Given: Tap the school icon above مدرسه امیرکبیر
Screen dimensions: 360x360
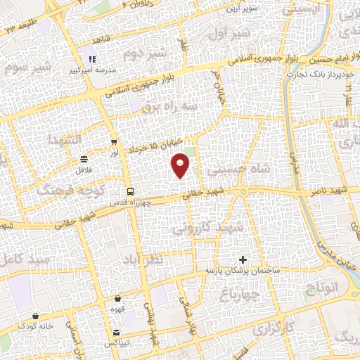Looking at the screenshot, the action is (x=91, y=59).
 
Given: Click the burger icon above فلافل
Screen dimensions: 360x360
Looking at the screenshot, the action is (x=84, y=159).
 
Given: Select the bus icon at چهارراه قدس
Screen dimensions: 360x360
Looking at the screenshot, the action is (x=129, y=191).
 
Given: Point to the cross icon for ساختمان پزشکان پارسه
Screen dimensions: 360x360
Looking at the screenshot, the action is (x=243, y=259).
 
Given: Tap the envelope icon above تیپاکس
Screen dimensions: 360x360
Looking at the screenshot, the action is (x=116, y=333).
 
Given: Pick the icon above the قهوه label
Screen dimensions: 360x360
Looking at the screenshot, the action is (x=117, y=299).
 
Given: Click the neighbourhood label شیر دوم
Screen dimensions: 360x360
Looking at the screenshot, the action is (x=146, y=53).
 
